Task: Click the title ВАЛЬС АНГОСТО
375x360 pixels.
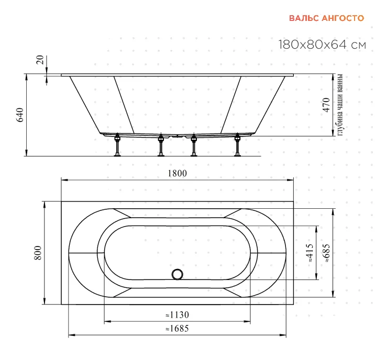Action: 326,18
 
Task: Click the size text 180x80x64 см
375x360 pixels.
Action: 322,44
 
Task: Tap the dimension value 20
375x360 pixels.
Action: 40,60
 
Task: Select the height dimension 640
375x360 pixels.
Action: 20,115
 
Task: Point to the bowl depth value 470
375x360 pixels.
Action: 326,105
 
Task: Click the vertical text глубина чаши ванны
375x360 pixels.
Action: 340,105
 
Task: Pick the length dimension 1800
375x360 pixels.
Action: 177,173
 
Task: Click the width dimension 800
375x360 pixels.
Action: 38,253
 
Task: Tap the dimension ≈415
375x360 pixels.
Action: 310,253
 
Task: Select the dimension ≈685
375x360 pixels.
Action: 326,253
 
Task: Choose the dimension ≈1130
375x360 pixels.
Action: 177,315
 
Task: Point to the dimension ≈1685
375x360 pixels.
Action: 177,329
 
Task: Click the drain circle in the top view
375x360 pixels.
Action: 178,274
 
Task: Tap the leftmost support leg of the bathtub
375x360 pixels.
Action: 117,145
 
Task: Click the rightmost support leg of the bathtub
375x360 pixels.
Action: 237,145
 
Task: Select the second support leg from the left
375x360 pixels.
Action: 161,145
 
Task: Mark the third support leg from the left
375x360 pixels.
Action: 194,145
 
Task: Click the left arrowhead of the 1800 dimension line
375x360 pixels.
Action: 64,180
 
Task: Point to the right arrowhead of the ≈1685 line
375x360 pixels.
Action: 283,335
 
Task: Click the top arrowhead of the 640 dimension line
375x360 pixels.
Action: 26,76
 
